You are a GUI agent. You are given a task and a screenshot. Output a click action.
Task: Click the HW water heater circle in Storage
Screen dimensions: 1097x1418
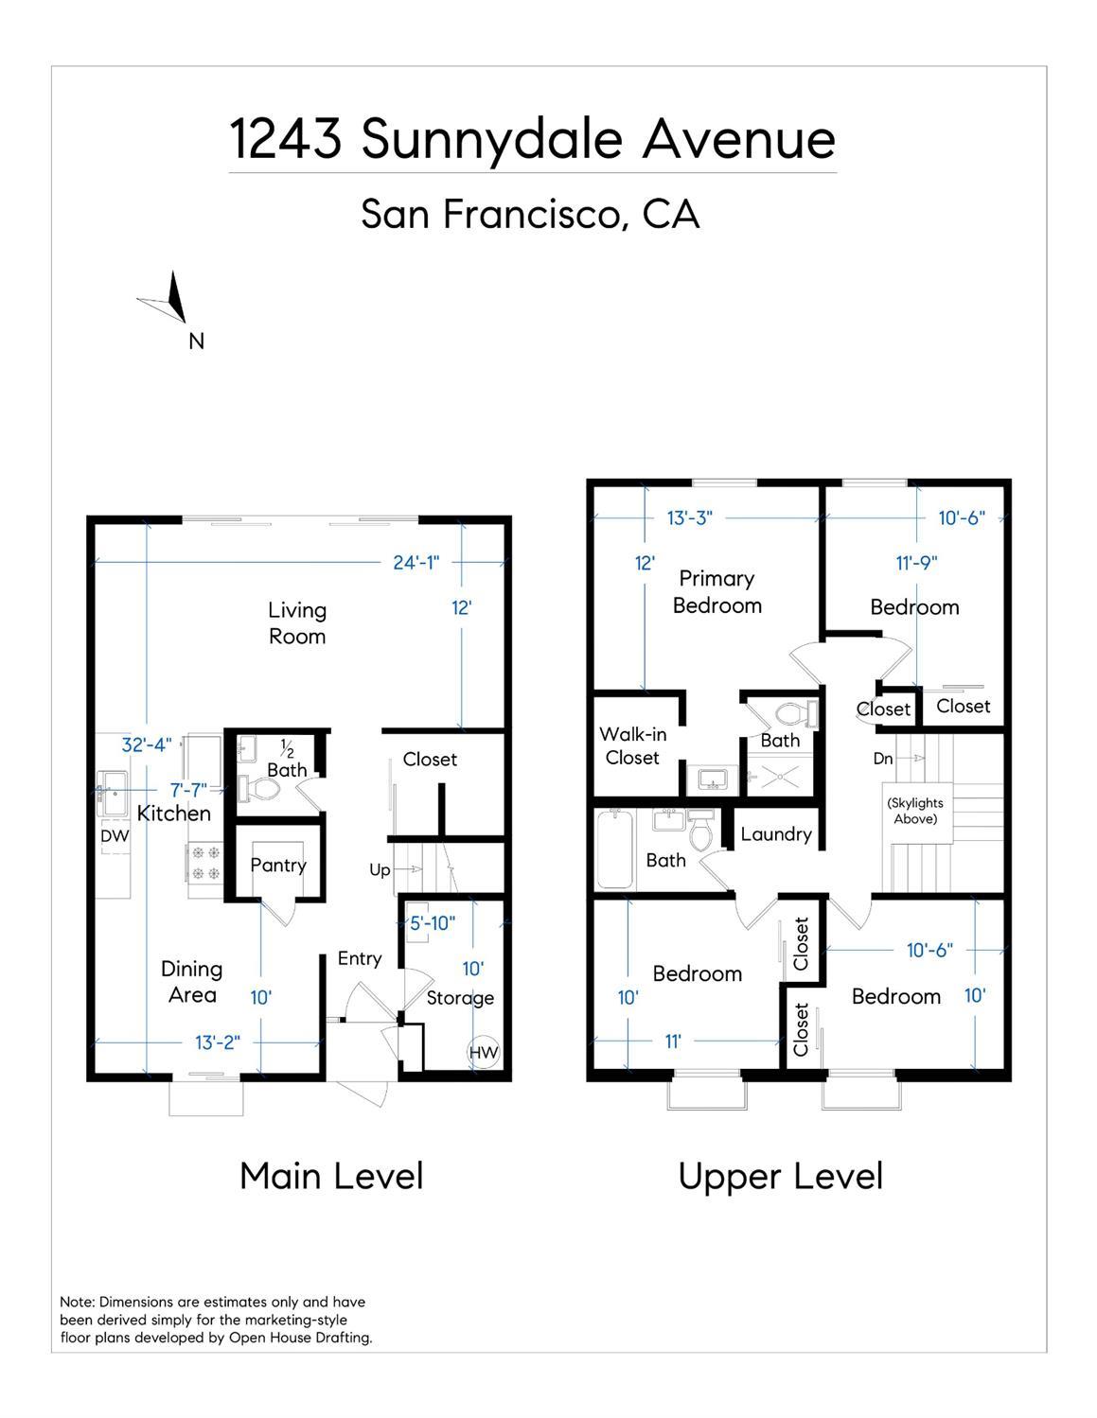(484, 1052)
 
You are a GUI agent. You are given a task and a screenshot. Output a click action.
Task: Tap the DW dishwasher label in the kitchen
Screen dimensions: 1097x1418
(115, 836)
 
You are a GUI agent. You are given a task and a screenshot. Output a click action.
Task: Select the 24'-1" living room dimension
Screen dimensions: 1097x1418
(416, 563)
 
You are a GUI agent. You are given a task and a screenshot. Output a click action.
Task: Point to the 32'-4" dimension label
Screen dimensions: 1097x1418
(147, 744)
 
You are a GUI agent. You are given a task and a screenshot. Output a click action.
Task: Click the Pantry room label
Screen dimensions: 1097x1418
(278, 866)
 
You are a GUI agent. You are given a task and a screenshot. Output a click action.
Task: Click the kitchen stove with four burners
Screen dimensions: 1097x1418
(205, 863)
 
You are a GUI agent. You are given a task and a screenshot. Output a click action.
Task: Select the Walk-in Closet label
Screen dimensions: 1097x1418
(632, 745)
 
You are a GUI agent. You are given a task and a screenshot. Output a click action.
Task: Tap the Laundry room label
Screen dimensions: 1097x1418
(776, 834)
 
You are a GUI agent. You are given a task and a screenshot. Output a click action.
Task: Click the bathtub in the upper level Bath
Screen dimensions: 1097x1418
(614, 849)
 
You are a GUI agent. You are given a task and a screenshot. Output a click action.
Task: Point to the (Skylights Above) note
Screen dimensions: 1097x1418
(915, 811)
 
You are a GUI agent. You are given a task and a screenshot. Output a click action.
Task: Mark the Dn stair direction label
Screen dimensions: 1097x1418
(883, 759)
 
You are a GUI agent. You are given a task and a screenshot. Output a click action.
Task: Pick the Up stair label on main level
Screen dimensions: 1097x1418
(380, 870)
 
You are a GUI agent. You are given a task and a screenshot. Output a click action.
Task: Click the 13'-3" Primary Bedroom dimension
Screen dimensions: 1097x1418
(690, 518)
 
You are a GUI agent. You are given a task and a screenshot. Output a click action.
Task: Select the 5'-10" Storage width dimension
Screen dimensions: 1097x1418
(433, 923)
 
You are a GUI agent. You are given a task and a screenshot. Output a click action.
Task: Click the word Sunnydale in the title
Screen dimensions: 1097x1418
(491, 141)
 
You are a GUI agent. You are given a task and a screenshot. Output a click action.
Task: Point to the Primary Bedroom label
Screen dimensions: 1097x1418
(717, 592)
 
